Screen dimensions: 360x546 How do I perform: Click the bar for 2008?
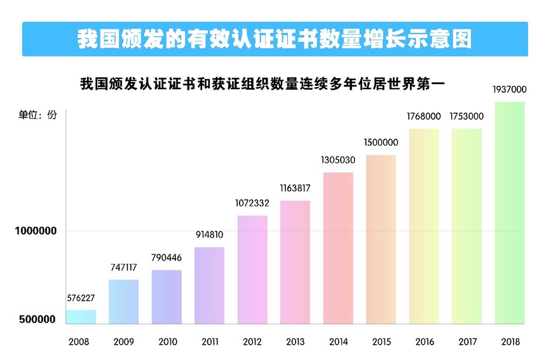pos(81,317)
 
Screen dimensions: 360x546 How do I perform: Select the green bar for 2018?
pos(509,213)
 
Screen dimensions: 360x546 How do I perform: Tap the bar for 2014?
pos(338,248)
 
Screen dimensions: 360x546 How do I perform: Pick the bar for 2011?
pos(209,286)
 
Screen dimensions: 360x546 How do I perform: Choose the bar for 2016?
pos(424,226)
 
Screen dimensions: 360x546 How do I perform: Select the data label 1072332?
pos(252,204)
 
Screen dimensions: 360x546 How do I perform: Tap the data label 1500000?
pos(381,142)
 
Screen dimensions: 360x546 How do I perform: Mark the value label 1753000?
pos(467,116)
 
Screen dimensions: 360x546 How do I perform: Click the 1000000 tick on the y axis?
pos(36,231)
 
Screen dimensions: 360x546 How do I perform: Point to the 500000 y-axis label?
pos(36,319)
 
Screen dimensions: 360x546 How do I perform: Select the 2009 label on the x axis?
pos(123,342)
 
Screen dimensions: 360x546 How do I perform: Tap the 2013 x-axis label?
pos(295,342)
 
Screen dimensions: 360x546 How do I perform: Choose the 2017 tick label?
pos(467,342)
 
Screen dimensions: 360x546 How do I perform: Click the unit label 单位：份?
pos(38,114)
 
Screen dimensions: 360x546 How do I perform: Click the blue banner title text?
pos(275,39)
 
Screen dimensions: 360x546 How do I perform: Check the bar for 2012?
pos(252,270)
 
